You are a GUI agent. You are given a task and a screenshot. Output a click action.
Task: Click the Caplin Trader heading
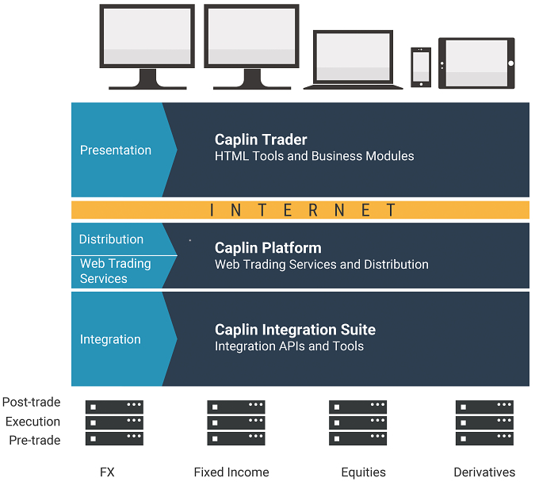click(x=261, y=140)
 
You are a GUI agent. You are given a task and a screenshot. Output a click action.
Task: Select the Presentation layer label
click(x=116, y=151)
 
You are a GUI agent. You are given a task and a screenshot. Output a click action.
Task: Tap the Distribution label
click(x=111, y=239)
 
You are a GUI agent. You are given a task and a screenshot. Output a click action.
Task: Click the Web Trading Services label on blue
click(x=116, y=271)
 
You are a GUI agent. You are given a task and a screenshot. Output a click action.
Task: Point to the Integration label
click(x=110, y=339)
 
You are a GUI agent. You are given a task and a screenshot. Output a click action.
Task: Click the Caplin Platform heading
click(x=268, y=248)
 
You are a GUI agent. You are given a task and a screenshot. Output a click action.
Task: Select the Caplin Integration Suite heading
click(x=296, y=330)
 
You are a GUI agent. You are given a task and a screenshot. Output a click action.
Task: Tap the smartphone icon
click(x=421, y=67)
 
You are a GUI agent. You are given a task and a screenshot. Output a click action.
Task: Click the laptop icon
click(x=353, y=59)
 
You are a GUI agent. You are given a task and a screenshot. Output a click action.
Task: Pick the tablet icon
click(x=476, y=63)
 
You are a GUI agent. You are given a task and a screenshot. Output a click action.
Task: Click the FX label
click(x=107, y=472)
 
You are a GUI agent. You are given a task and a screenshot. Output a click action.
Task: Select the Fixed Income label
click(x=231, y=472)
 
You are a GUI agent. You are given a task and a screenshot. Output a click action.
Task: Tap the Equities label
click(x=363, y=472)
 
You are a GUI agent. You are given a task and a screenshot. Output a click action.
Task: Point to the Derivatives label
click(x=484, y=472)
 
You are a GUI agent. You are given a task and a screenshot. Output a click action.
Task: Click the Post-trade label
click(x=31, y=402)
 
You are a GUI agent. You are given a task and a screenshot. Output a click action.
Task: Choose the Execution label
click(x=33, y=422)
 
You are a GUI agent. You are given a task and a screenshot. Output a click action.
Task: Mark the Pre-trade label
click(x=35, y=441)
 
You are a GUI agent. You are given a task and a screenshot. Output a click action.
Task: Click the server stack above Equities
click(x=357, y=422)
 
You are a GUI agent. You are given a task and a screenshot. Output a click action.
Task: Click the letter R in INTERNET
click(x=313, y=210)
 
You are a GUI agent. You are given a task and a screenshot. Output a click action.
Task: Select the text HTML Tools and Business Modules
click(x=314, y=156)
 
